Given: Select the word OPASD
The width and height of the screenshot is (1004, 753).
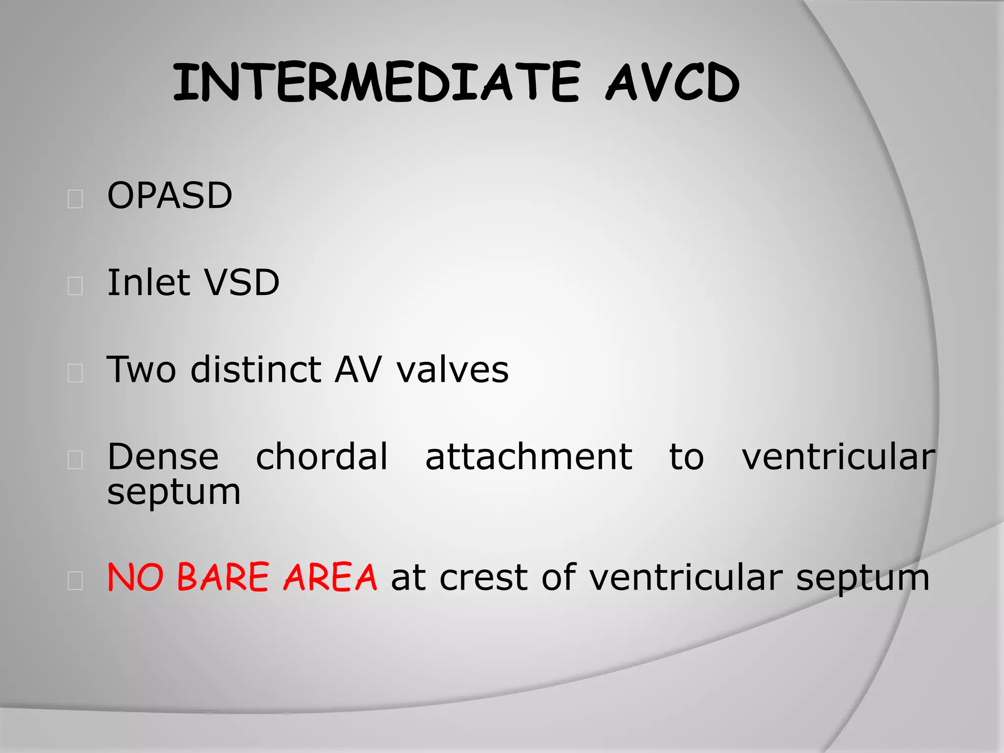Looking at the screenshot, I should pyautogui.click(x=170, y=196).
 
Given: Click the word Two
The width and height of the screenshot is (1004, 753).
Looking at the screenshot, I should pyautogui.click(x=141, y=369).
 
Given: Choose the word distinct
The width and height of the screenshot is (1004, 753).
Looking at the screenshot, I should pyautogui.click(x=255, y=369).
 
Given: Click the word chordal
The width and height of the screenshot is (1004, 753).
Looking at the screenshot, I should pyautogui.click(x=322, y=456).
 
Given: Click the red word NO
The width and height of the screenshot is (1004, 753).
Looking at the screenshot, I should pyautogui.click(x=135, y=577).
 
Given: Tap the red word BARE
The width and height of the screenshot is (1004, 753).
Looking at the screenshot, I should pyautogui.click(x=223, y=577).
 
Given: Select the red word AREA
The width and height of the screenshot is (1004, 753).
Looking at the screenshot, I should pyautogui.click(x=330, y=577).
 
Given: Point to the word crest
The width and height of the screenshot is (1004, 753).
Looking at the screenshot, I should pyautogui.click(x=483, y=578).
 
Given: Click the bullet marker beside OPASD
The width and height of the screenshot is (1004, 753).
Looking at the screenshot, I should pyautogui.click(x=75, y=199).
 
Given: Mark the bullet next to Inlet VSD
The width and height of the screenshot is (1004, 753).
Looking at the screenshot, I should pyautogui.click(x=75, y=286).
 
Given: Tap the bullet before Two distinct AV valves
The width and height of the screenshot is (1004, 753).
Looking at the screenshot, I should pyautogui.click(x=75, y=373).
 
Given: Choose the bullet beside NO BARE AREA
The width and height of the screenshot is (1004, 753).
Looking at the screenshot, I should pyautogui.click(x=75, y=580).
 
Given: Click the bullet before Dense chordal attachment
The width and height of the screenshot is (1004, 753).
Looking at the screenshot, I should pyautogui.click(x=75, y=460).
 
